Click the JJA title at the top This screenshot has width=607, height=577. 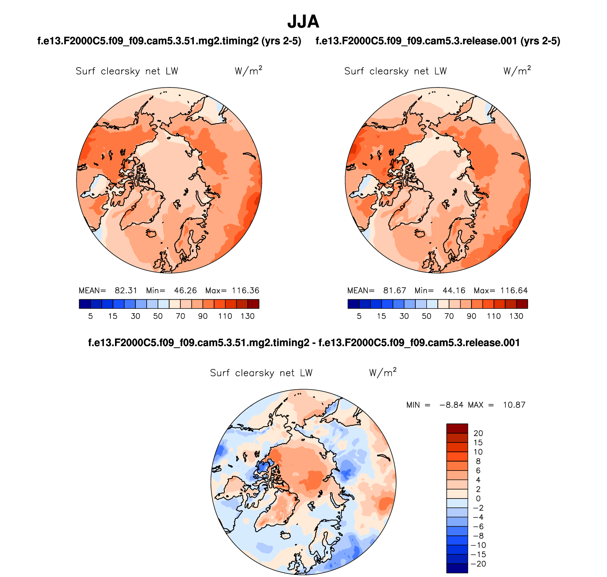tap(303, 22)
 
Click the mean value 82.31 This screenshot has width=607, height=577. tap(126, 290)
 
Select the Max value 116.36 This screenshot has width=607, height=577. tap(245, 290)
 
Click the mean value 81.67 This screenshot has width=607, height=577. tap(394, 290)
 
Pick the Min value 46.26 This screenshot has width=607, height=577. tap(185, 290)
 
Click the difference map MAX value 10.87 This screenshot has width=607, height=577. tap(514, 405)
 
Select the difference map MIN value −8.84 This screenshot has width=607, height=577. tap(451, 405)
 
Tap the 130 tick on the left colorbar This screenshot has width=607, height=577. tap(247, 316)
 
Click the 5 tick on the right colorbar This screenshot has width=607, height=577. tap(359, 316)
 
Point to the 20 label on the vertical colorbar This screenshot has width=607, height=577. tap(478, 433)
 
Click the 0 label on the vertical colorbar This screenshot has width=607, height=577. tap(478, 499)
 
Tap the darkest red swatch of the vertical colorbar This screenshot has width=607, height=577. tap(457, 428)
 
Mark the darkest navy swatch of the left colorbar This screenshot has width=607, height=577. tap(85, 304)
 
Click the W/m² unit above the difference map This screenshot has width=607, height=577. tap(383, 372)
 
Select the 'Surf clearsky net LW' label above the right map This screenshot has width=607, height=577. tap(395, 71)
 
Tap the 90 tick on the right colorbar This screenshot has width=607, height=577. tap(471, 316)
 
